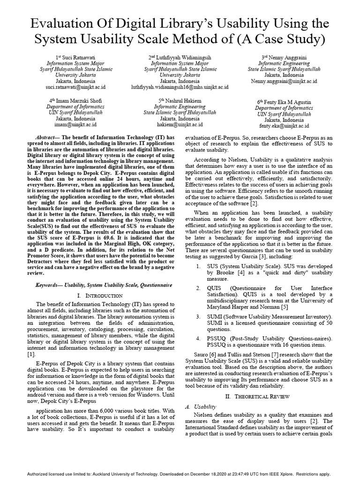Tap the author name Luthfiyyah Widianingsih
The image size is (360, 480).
(x=183, y=57)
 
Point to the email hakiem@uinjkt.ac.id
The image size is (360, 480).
(x=180, y=125)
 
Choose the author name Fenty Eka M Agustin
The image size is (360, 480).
(x=287, y=102)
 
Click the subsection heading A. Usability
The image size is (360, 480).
(x=201, y=406)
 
